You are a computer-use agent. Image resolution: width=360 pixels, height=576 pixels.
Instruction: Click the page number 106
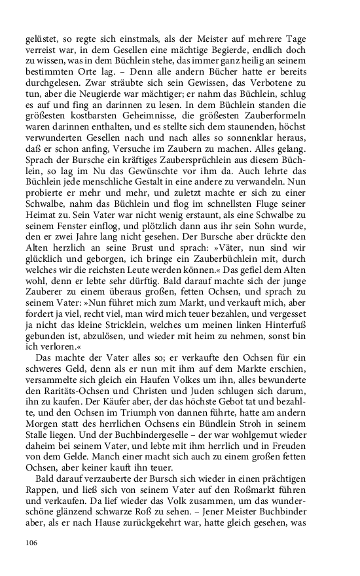[33, 543]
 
